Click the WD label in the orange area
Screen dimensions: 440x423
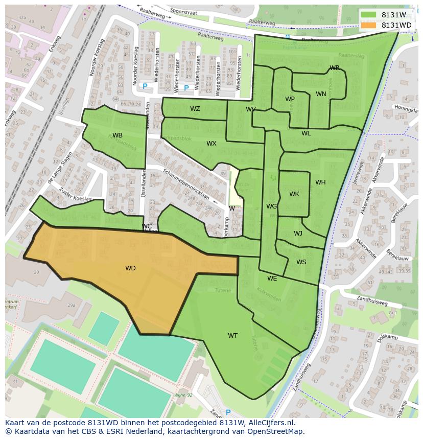point(130,268)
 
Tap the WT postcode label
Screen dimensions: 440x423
point(232,336)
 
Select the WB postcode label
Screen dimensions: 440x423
point(118,135)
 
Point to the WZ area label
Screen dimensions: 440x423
point(195,109)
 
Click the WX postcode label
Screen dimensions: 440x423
point(212,144)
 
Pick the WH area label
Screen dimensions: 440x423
point(320,182)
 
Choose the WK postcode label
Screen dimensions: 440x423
point(294,194)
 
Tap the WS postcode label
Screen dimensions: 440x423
point(301,262)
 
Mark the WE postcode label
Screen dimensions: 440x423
point(272,279)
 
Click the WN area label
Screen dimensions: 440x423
point(321,94)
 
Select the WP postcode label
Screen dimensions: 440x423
point(290,99)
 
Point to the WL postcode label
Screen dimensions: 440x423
point(306,133)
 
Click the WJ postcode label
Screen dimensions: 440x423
point(298,234)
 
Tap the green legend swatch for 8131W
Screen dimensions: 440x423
point(368,15)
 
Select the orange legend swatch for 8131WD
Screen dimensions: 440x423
point(368,25)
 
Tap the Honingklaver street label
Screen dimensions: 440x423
point(406,109)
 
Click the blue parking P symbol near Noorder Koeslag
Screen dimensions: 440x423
point(145,86)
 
